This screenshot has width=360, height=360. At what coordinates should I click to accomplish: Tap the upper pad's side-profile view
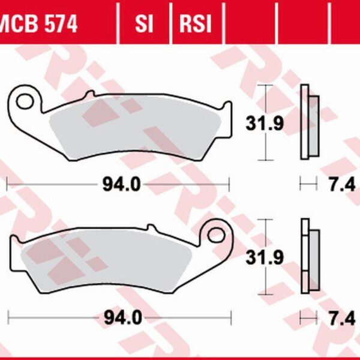pyautogui.click(x=309, y=124)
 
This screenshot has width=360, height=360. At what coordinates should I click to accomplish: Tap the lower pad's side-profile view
pyautogui.click(x=309, y=255)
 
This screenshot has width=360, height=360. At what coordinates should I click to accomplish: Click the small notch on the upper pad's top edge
pyautogui.click(x=89, y=95)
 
